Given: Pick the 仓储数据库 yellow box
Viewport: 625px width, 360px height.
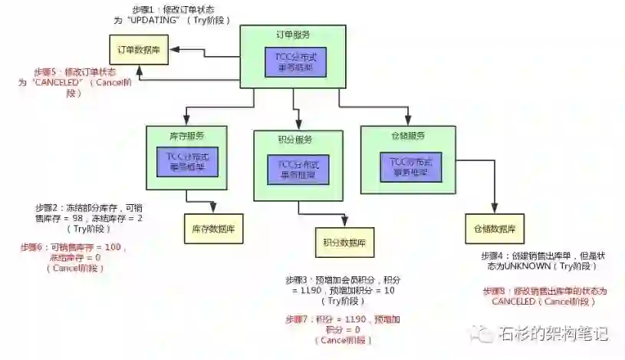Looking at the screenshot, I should (x=495, y=229).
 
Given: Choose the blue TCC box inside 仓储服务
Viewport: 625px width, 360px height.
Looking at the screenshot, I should (x=410, y=167).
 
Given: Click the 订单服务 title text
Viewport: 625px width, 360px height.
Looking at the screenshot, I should (x=292, y=35).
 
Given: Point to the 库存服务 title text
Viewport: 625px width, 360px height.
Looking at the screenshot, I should (x=187, y=137).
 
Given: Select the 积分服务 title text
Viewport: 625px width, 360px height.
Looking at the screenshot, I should (x=295, y=140).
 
